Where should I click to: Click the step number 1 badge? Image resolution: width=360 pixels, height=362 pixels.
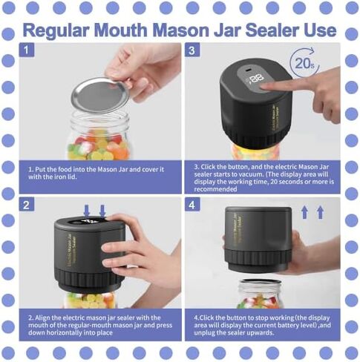pos(27,50)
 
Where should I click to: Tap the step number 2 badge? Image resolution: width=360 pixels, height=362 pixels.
pos(27,204)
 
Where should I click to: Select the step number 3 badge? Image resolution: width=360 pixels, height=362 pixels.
pos(192,50)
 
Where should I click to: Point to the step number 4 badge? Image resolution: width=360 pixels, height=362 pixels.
pos(192,204)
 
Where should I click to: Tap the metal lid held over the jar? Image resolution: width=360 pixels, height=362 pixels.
pos(100,95)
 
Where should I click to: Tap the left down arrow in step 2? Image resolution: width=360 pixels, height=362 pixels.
pos(87,211)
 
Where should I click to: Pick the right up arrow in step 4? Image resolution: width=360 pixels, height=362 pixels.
pos(321,212)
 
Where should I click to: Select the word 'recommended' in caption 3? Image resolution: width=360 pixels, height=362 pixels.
pos(215,189)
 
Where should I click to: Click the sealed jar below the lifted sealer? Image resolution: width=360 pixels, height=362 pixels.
pos(260,294)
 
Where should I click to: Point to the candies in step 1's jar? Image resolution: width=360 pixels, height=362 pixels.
pos(99,147)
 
